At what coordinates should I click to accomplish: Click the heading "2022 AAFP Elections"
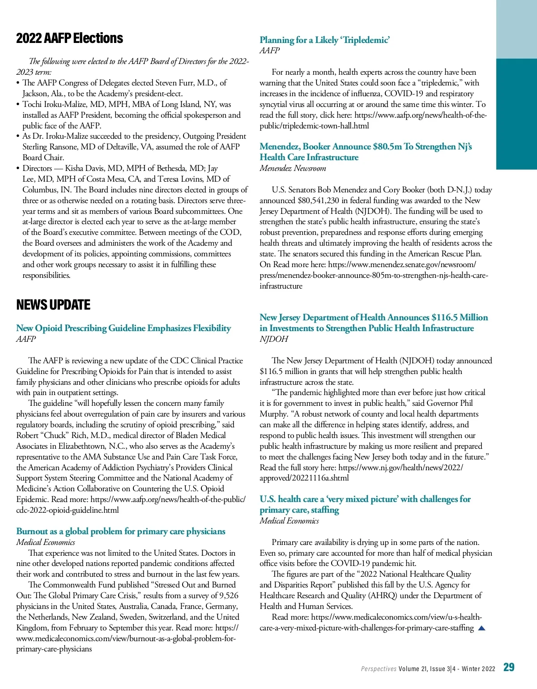point(69,38)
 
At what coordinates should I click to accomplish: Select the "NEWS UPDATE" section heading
point(53,305)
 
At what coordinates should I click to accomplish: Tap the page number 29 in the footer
point(509,668)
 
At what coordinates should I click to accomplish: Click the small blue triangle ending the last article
point(482,628)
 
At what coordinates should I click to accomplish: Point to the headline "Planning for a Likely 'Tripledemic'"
point(324,40)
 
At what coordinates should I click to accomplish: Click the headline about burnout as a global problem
point(121,532)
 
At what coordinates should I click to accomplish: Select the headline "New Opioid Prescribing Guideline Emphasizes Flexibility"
point(124,328)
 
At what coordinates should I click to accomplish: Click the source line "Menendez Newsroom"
point(293,168)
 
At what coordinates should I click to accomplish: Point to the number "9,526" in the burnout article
point(228,595)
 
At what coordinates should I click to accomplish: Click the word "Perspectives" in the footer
point(379,669)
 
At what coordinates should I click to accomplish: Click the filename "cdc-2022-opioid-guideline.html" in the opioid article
point(68,510)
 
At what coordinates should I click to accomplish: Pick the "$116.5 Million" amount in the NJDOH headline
point(460,318)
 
